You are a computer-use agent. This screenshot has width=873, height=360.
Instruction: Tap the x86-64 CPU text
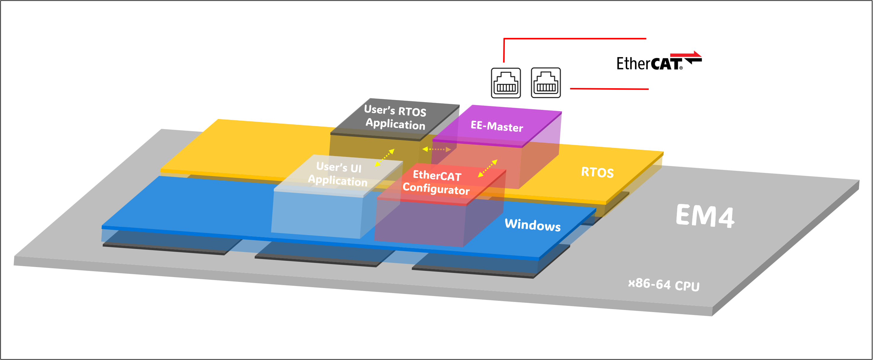[663, 284]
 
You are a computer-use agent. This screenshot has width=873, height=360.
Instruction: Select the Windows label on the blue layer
[532, 225]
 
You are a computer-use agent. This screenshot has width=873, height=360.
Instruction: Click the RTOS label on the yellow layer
[597, 172]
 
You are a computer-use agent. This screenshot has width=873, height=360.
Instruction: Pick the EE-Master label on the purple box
[497, 126]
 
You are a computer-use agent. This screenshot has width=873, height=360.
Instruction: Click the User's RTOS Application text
[395, 117]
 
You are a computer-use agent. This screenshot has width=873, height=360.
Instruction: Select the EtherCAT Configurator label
[436, 183]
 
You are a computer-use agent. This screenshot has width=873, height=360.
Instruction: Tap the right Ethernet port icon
[546, 83]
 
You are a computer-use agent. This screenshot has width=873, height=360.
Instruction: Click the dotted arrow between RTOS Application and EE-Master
[436, 149]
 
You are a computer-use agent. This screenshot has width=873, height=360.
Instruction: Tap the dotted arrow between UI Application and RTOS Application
[385, 157]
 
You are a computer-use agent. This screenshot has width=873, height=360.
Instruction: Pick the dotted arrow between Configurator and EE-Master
[487, 168]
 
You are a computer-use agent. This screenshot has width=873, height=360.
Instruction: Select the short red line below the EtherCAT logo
[609, 89]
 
